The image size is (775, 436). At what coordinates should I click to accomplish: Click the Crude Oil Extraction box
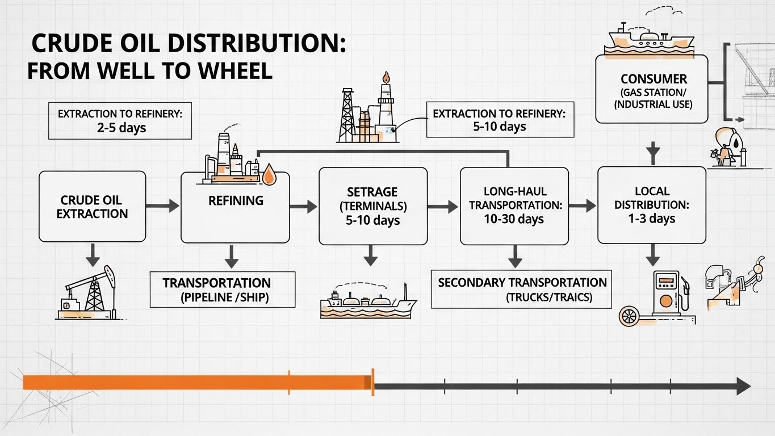(x=92, y=207)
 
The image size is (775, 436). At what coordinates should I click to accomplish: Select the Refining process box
(x=235, y=207)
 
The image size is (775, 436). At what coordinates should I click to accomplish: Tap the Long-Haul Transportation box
(x=514, y=206)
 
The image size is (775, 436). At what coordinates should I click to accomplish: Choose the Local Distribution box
(x=652, y=205)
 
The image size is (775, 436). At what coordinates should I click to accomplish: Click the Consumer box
(x=651, y=89)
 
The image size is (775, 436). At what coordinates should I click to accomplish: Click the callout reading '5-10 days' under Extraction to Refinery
(x=499, y=126)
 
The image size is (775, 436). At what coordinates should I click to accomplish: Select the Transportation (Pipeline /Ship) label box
(x=223, y=290)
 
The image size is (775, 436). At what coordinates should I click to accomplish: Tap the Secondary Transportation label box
(x=521, y=290)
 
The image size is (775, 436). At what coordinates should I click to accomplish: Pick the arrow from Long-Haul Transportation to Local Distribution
(x=583, y=206)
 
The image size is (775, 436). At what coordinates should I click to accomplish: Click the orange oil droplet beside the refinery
(x=269, y=173)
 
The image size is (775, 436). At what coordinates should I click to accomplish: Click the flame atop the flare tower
(x=386, y=77)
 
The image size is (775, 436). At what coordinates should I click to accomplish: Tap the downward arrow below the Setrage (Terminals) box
(x=370, y=256)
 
